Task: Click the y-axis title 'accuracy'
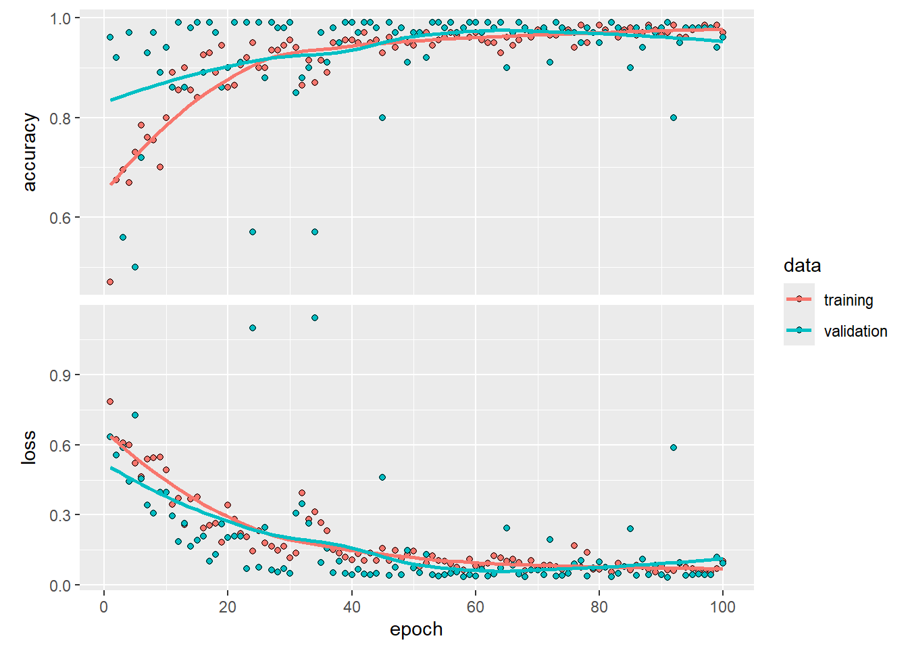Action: click(30, 152)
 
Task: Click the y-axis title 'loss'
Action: click(29, 448)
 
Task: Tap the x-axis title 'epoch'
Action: click(416, 629)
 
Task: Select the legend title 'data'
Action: click(802, 266)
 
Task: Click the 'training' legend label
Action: click(848, 300)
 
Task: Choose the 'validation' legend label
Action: click(855, 331)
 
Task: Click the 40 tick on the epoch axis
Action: click(351, 606)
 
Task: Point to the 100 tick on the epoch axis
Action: click(723, 606)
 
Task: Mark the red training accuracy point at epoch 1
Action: click(110, 282)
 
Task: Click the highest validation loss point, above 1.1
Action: click(315, 318)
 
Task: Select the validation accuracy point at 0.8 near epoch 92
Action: click(674, 118)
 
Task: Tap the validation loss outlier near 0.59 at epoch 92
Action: click(674, 448)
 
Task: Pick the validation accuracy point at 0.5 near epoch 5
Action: click(135, 267)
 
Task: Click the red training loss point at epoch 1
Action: click(110, 402)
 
